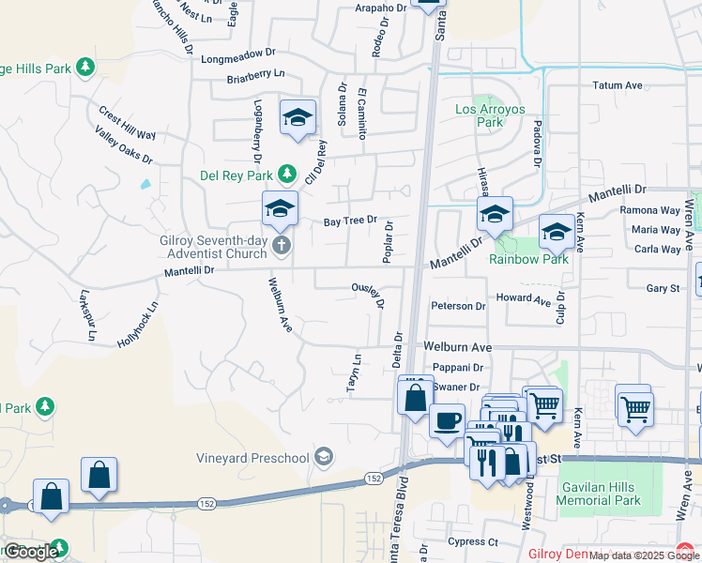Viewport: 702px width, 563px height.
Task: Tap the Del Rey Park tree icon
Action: [x=287, y=175]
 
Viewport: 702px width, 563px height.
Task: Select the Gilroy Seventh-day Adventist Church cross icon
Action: [x=281, y=246]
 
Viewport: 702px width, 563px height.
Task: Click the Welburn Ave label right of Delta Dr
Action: [x=458, y=346]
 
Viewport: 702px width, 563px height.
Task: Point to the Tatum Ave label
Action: [x=617, y=85]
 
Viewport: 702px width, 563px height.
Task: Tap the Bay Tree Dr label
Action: [x=350, y=221]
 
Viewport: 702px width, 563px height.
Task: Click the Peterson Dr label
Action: [x=458, y=306]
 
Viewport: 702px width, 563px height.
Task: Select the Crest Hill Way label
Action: [x=127, y=123]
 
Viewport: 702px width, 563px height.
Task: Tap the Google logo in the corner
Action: [x=31, y=552]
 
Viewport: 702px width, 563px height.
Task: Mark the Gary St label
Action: [x=663, y=289]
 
